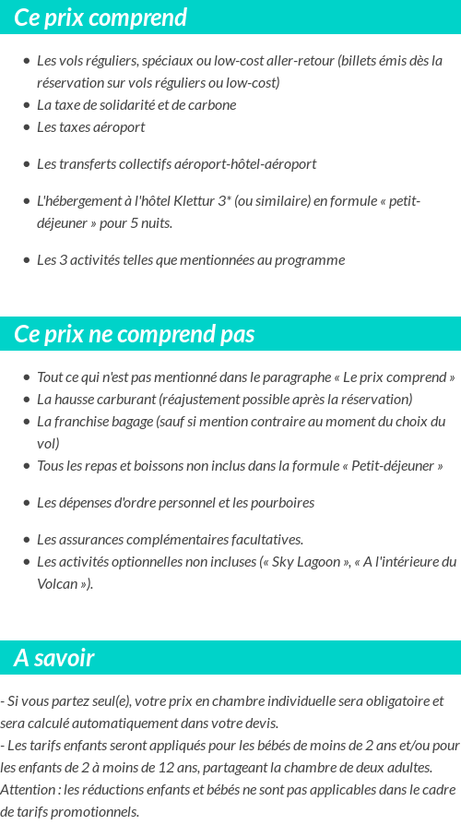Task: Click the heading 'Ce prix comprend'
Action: [x=100, y=18]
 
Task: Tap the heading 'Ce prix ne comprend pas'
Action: [x=135, y=334]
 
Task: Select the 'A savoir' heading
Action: [x=54, y=658]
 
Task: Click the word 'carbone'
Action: [x=212, y=105]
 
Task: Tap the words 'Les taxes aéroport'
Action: [x=90, y=127]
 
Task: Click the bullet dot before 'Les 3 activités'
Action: [x=26, y=260]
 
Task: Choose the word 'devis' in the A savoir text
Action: [x=259, y=723]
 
